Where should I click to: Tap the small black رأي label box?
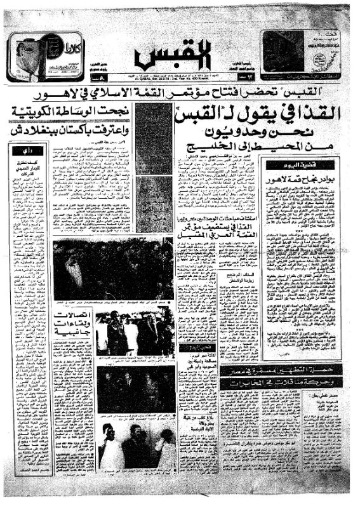(x=37, y=151)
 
